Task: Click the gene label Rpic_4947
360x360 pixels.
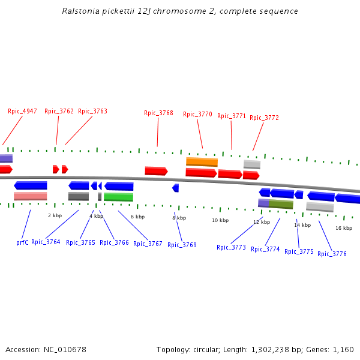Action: [22, 111]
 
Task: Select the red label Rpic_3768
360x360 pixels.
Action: [158, 113]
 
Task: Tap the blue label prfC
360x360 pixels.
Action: [22, 242]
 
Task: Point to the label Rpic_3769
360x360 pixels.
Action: [182, 245]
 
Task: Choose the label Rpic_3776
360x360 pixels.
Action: [332, 254]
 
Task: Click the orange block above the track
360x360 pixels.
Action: [202, 162]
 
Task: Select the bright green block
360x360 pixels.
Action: [118, 197]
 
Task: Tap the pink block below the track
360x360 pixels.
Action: [31, 196]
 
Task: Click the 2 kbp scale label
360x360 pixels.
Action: [55, 215]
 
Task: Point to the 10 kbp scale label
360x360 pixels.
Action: [220, 220]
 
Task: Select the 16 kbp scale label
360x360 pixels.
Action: [344, 228]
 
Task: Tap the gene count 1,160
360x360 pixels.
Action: [343, 349]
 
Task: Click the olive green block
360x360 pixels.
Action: [281, 205]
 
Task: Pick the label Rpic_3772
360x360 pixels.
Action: [264, 118]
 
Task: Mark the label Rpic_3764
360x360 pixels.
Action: [46, 242]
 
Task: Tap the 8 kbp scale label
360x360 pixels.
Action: [179, 218]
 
